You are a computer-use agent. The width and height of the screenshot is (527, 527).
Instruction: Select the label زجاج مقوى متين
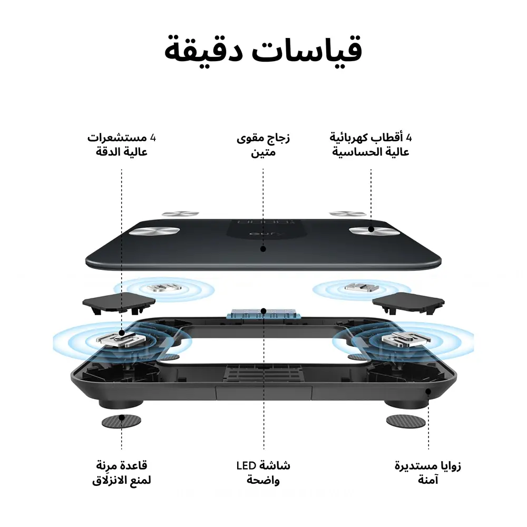(263, 145)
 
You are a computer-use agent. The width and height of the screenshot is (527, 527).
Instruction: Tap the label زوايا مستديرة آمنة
(428, 473)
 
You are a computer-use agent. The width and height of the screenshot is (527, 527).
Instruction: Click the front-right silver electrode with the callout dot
(371, 230)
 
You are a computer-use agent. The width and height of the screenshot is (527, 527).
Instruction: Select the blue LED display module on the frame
(263, 313)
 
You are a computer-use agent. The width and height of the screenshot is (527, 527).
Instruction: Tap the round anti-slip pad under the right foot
(405, 420)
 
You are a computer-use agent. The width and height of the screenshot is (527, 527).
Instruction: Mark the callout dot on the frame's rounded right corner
(428, 392)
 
